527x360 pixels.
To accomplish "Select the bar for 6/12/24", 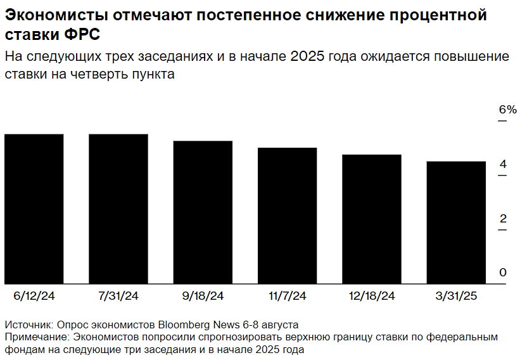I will tap(34, 209).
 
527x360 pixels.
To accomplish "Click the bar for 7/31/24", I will tap(118, 209).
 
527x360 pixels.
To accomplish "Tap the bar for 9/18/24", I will tap(203, 212).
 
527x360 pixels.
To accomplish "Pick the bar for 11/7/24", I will tap(287, 215).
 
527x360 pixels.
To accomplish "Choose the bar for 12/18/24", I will tap(371, 219).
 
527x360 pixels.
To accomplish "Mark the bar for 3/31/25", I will tap(456, 222).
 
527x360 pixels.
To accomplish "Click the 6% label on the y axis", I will tap(507, 110).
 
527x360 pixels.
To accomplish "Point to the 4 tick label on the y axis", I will tap(503, 165).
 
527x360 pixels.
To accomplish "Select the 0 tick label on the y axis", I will tap(503, 273).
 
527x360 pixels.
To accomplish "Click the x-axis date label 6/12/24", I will tap(34, 296).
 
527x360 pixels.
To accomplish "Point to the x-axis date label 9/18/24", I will tap(203, 296).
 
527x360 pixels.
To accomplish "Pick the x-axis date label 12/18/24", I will tap(371, 296).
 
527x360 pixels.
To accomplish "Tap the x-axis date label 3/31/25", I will tap(456, 296).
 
